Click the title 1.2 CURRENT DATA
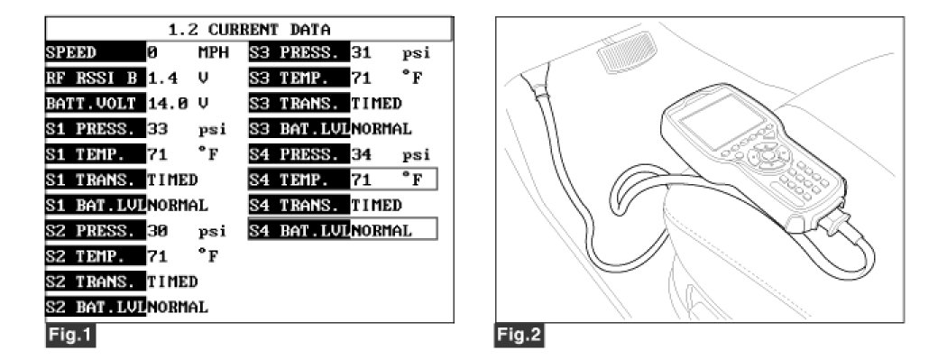pyautogui.click(x=250, y=29)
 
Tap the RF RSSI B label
pyautogui.click(x=96, y=78)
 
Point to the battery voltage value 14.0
pyautogui.click(x=165, y=103)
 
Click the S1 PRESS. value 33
pyautogui.click(x=156, y=129)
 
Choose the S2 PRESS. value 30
pyautogui.click(x=156, y=231)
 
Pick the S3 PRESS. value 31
pyautogui.click(x=361, y=52)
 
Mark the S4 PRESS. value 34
pyautogui.click(x=361, y=154)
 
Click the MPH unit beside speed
pyautogui.click(x=214, y=52)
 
